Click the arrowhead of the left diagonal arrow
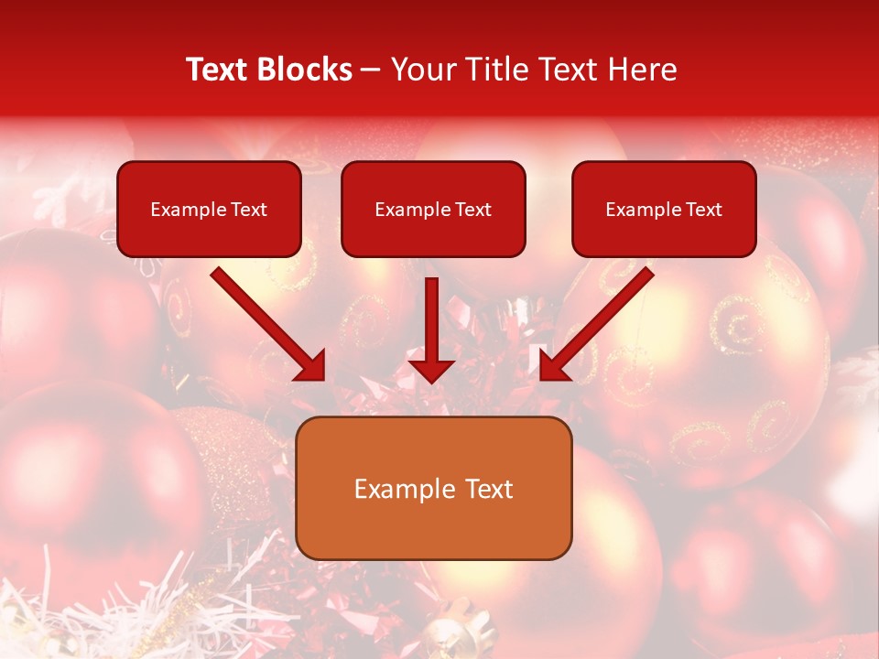tap(312, 366)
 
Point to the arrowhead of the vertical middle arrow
tap(431, 371)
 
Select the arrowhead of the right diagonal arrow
tap(553, 366)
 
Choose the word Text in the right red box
tap(703, 210)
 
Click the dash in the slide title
tap(371, 70)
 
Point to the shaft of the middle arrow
tap(431, 316)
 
